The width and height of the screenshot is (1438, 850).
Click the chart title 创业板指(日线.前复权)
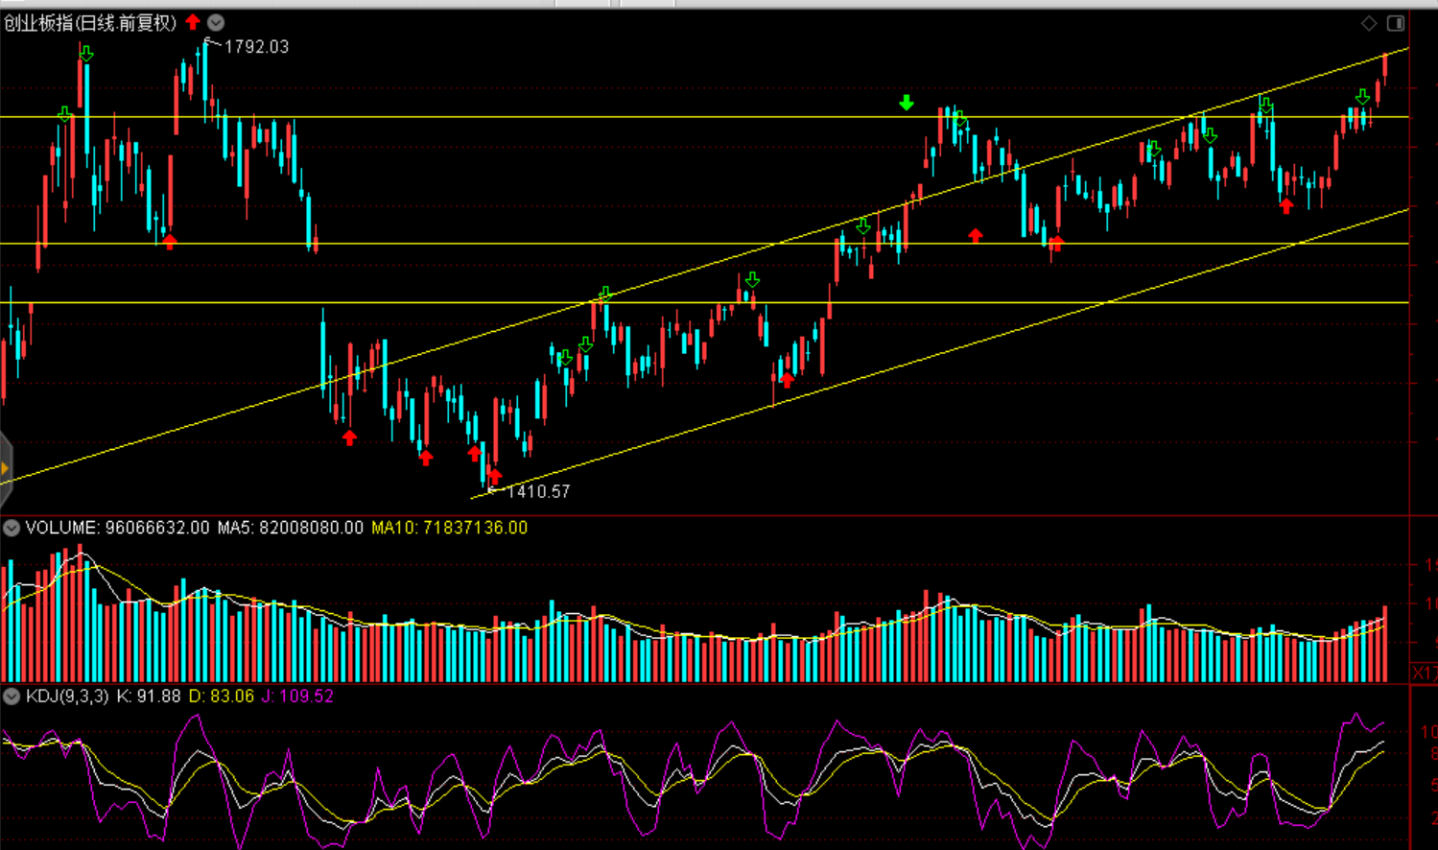pos(90,23)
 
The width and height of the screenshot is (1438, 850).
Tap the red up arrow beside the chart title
pos(193,22)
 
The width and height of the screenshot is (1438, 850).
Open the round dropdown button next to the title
pos(216,22)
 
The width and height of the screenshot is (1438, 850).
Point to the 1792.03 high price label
pos(255,47)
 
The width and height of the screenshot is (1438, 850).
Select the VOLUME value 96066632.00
pos(156,528)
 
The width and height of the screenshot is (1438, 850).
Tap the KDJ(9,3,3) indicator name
pos(67,696)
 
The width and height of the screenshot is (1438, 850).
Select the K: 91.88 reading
pos(148,696)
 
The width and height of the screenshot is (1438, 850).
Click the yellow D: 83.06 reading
pos(221,696)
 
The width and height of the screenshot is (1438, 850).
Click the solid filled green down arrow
pos(907,103)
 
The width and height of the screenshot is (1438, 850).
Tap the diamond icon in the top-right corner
pos(1369,23)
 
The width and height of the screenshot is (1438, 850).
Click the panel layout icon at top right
pos(1396,23)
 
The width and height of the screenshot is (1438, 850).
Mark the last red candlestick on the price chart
pos(1385,67)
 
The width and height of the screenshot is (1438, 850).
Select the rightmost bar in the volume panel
pos(1385,643)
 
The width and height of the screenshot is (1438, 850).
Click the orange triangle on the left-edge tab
pos(5,468)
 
